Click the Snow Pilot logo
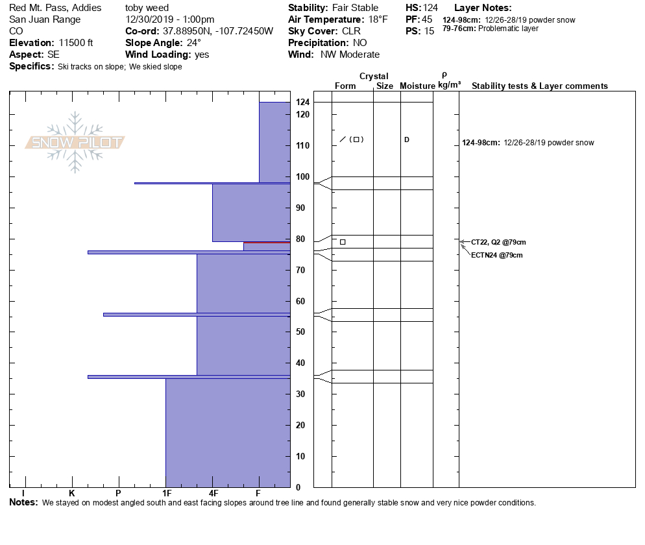pos(75,143)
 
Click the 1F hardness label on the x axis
pos(166,494)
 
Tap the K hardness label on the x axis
pos(72,494)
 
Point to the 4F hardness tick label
pos(213,494)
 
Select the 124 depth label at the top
pos(302,103)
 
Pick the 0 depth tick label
pos(298,487)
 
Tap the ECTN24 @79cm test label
pos(496,255)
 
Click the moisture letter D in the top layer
pos(407,139)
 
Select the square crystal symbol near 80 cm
pos(343,242)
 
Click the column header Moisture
pos(417,86)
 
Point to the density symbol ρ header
pos(444,75)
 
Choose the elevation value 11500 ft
pos(76,43)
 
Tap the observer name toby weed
pos(147,8)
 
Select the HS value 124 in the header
pos(430,8)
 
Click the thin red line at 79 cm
pos(267,243)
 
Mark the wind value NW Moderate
pos(350,54)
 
